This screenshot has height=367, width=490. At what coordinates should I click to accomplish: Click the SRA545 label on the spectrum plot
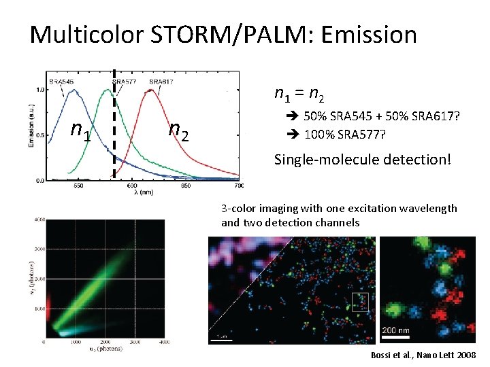62,82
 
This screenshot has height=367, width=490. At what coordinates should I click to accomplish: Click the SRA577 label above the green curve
125,82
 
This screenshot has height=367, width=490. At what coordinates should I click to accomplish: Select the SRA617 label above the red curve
161,82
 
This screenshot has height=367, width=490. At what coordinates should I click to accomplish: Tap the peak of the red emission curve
151,91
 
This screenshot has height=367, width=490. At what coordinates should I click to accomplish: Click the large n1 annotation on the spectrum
81,129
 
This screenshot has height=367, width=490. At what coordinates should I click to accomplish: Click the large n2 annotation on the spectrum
178,128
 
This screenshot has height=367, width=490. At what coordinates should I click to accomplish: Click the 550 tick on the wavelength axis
78,186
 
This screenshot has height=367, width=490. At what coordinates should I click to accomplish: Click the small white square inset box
359,302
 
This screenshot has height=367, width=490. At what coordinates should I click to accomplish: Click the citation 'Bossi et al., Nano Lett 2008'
423,355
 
